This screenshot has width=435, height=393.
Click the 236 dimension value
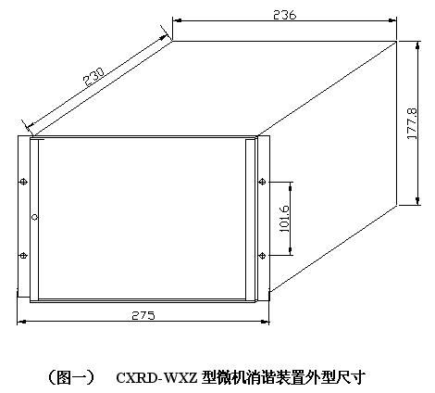point(284,15)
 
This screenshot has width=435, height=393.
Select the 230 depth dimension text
point(94,76)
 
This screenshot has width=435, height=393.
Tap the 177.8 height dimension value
point(413,123)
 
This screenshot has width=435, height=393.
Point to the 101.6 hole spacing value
point(284,219)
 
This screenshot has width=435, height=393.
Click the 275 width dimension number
point(143,315)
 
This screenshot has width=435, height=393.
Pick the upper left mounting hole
point(23,182)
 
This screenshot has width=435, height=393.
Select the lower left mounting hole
point(23,255)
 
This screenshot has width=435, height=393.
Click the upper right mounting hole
point(262,182)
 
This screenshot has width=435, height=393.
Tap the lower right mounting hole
point(262,255)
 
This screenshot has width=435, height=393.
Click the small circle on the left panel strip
point(34,217)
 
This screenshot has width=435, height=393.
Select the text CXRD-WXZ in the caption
point(156,377)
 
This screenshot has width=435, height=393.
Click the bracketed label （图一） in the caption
point(71,377)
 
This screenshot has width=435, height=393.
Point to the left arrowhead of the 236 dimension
point(177,20)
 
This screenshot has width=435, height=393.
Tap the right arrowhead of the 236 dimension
point(392,20)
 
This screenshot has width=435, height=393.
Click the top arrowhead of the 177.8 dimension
point(417,45)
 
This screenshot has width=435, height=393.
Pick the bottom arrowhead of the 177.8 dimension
point(417,200)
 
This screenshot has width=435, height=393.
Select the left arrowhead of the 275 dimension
point(21,322)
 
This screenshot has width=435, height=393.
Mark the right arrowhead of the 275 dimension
point(265,322)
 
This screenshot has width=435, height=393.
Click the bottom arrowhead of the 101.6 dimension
point(291,251)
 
